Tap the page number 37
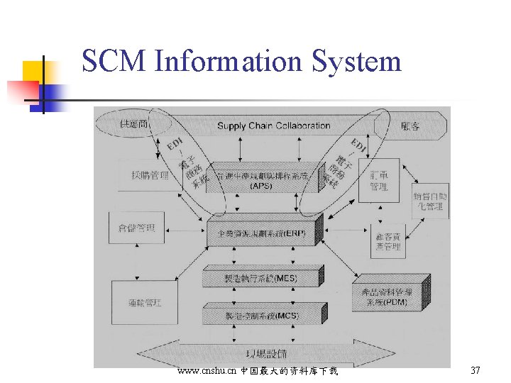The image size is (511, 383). coord(476,371)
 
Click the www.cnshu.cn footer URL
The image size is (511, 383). coord(207,371)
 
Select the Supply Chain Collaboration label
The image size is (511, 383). coord(273,126)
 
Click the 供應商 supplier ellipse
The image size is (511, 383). coord(134,125)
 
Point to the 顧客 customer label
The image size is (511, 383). coord(410,126)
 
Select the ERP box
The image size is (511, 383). coord(263,233)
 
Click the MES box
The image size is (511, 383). coord(261,277)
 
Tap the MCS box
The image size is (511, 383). coord(261,315)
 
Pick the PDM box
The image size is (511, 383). coord(387,296)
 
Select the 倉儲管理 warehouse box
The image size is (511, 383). coord(136,228)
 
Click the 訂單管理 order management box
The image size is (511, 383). coord(379,180)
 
